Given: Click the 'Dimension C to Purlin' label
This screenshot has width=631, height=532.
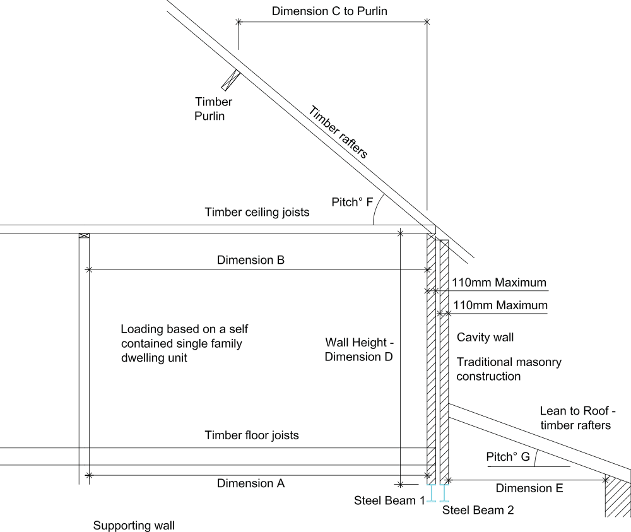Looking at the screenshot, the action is [329, 11].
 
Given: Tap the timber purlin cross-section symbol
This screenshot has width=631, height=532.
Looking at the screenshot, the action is [230, 80].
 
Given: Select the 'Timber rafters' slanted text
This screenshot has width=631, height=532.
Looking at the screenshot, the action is [338, 132].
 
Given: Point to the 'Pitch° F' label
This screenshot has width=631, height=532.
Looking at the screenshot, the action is [352, 202].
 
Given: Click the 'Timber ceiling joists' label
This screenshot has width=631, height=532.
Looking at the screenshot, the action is [257, 212].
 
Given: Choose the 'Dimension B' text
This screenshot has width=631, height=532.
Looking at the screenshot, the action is [251, 260].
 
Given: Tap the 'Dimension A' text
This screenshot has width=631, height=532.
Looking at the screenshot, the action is [251, 483].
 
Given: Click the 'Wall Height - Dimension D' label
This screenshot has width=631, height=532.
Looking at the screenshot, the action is [359, 349].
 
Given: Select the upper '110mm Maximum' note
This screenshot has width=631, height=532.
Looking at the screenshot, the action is [499, 283].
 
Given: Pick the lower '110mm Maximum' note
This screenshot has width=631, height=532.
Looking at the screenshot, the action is [500, 305].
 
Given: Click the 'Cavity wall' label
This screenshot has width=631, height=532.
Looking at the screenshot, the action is [485, 337].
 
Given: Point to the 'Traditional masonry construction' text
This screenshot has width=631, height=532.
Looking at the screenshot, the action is [509, 369].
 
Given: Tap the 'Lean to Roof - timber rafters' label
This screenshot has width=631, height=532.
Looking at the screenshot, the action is [577, 418].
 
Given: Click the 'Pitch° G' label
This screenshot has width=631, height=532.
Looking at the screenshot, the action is [508, 457].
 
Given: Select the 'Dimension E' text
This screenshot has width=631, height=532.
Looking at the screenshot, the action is [529, 488].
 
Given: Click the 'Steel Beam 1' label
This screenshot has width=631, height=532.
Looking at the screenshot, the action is [389, 500].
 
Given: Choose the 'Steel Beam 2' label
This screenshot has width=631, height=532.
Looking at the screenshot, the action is [478, 510].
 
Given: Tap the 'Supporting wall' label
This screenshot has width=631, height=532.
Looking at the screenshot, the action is [134, 525].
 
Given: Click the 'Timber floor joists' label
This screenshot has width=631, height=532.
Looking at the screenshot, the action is [252, 435].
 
